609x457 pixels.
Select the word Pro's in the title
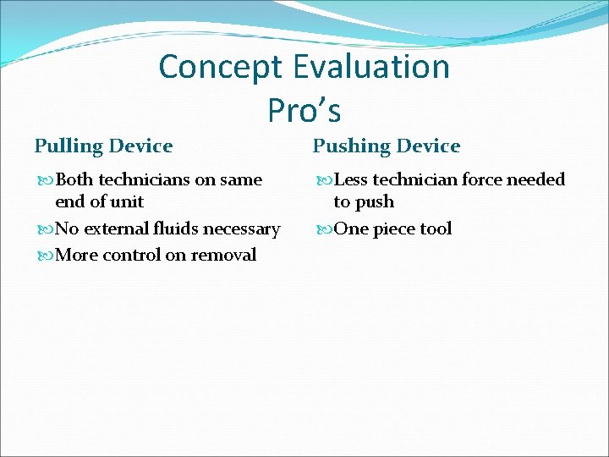tap(304, 109)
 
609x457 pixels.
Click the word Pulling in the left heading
tap(68, 146)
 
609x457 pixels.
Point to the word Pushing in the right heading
tap(348, 146)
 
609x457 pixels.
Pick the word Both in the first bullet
tap(74, 179)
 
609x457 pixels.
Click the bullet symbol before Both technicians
tap(46, 180)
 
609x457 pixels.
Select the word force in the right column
tap(481, 179)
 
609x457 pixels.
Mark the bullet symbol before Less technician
tap(325, 180)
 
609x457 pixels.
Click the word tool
tap(436, 228)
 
